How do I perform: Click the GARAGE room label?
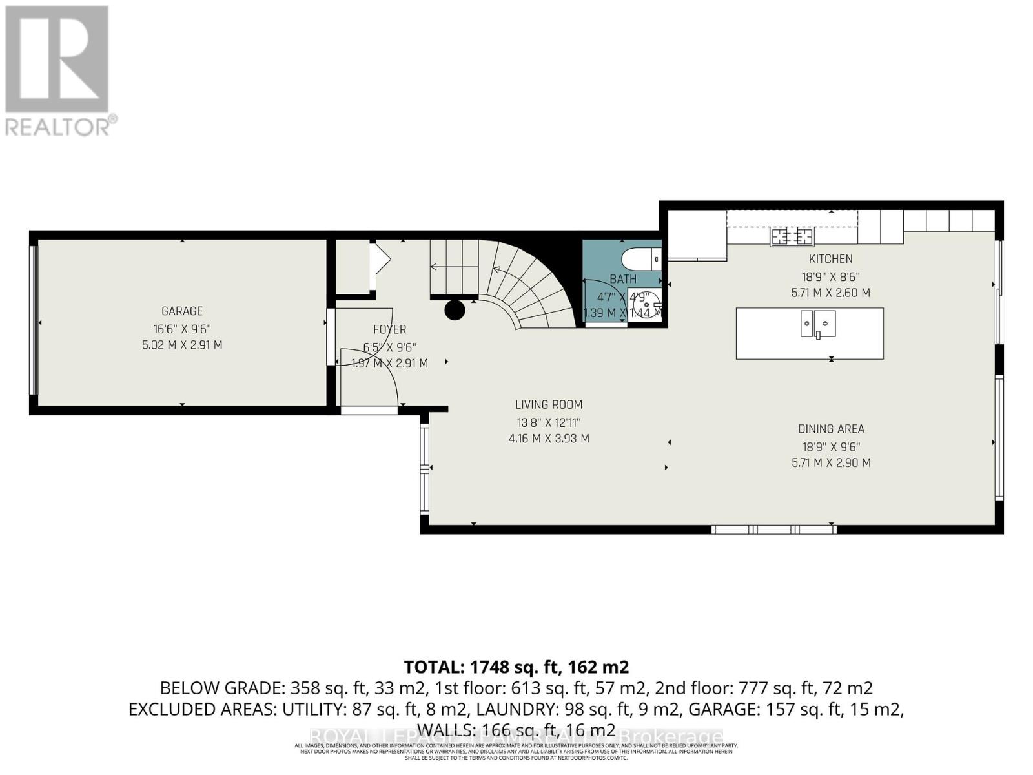[182, 311]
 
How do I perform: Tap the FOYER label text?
[389, 329]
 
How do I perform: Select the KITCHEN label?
[831, 259]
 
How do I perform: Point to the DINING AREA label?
[831, 429]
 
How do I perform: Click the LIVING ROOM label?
[549, 405]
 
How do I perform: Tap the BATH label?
[623, 279]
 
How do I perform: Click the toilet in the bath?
[639, 260]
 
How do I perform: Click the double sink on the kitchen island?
[818, 323]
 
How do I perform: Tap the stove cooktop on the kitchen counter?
[792, 236]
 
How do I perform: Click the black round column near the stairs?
[455, 310]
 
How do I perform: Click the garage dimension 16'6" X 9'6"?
[182, 328]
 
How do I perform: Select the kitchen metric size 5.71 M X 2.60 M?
[831, 293]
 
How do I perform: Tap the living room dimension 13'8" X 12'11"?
[549, 422]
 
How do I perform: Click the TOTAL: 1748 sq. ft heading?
[516, 666]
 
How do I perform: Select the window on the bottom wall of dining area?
[774, 530]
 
